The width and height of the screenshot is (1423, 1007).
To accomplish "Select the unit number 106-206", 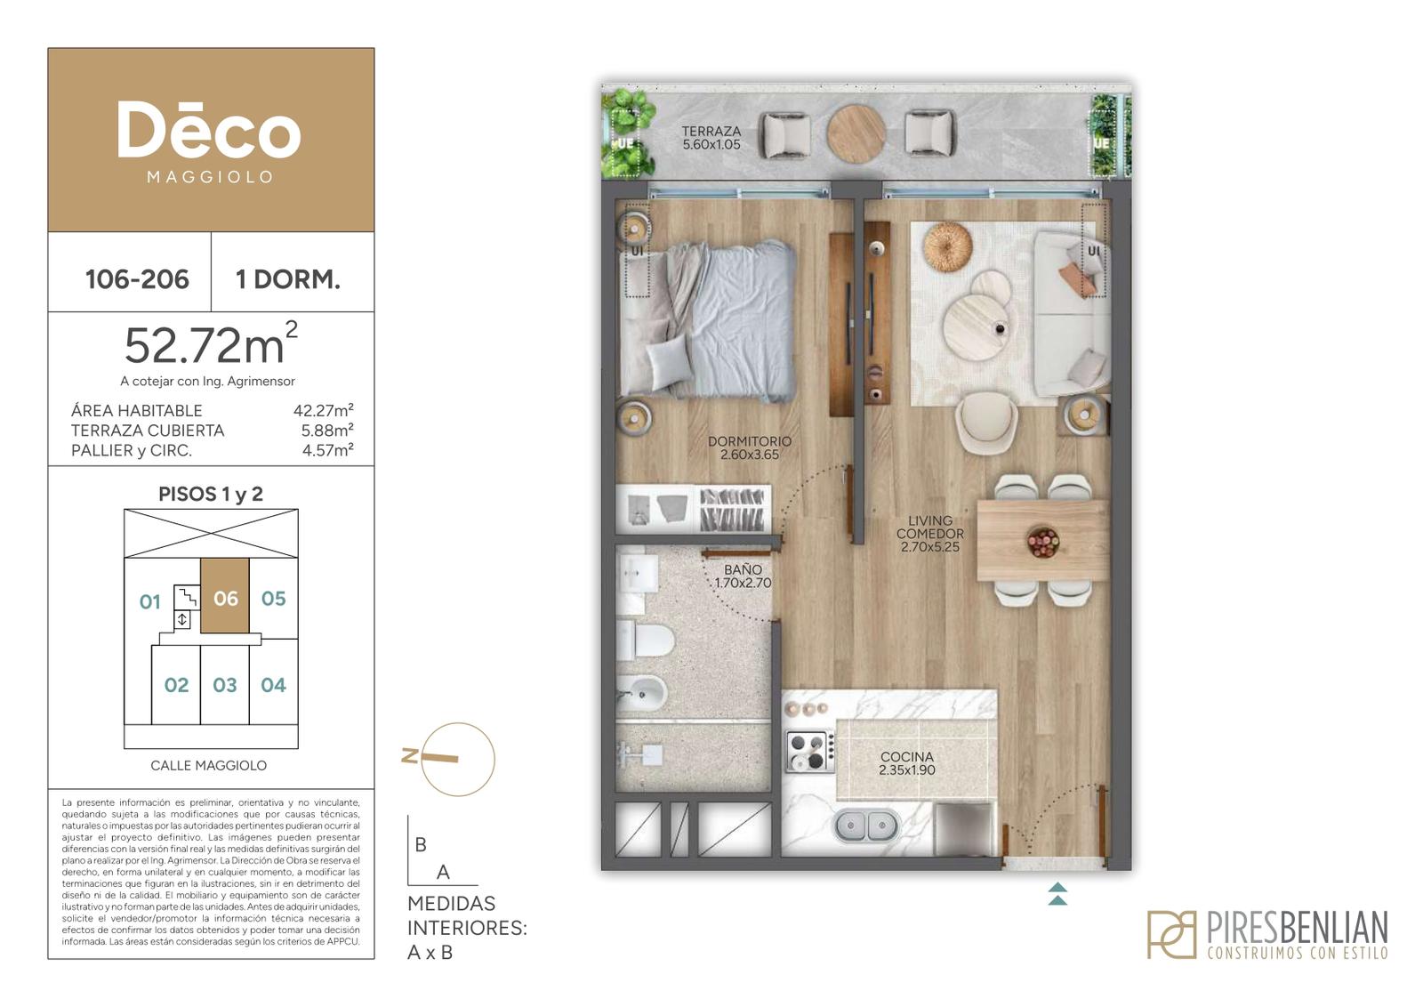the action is (137, 279).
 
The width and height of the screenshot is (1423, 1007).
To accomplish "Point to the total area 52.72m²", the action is (211, 344).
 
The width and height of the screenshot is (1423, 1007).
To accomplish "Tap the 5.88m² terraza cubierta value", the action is (327, 431).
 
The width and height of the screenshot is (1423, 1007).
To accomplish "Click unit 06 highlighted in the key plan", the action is (225, 596).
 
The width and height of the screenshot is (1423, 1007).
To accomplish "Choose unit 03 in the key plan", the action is (225, 685).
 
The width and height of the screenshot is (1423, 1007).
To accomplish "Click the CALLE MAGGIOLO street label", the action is (208, 766).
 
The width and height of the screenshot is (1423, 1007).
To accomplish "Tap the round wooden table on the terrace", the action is (856, 133).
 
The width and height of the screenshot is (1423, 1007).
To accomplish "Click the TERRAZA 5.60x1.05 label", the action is (711, 138).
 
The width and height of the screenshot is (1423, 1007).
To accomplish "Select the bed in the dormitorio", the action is (708, 321).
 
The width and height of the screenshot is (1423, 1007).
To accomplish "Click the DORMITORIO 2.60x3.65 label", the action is (750, 448).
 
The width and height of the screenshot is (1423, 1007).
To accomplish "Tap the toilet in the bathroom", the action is (645, 640).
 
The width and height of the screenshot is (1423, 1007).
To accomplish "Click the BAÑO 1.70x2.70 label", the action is (743, 576).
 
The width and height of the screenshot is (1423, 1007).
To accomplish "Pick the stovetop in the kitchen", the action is (810, 752).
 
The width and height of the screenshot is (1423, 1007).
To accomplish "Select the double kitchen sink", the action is (865, 826).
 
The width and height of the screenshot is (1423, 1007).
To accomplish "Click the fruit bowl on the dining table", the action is (1043, 542).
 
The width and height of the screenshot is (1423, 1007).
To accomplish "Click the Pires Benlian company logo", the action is (1267, 934).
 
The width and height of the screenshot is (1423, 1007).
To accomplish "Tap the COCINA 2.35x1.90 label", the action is (907, 763).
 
